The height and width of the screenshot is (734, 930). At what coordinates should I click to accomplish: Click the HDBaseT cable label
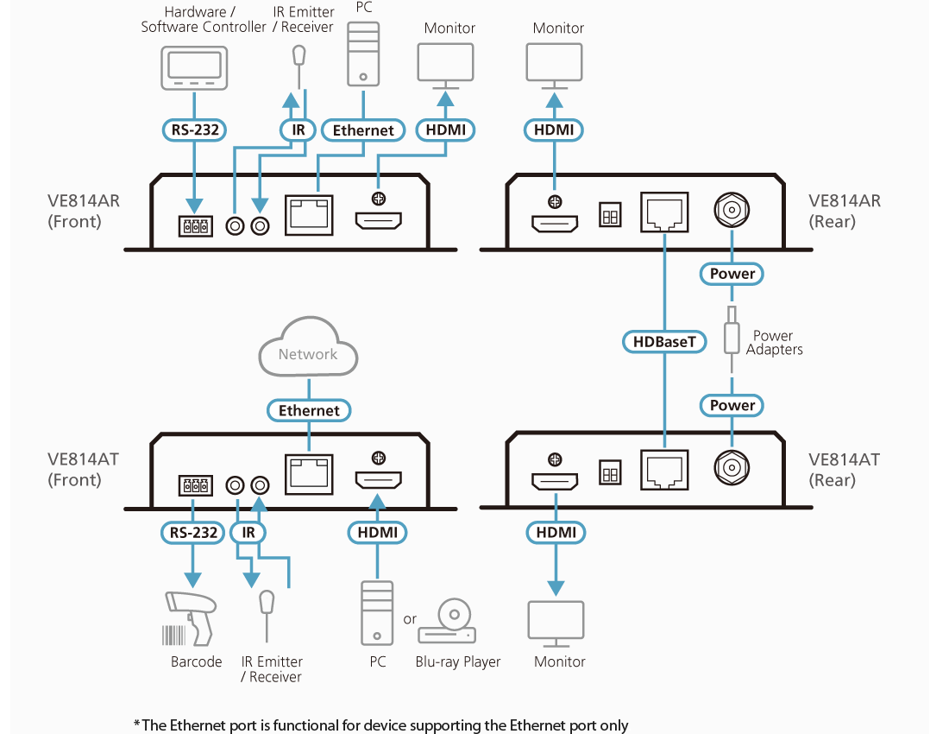tap(664, 342)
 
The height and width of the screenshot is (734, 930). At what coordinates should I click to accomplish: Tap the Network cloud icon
tap(308, 353)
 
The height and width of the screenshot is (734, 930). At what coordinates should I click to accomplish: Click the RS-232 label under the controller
tap(195, 130)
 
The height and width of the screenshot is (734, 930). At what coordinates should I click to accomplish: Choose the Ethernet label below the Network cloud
tap(309, 410)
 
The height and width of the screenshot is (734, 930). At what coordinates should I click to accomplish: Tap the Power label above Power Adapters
tap(732, 274)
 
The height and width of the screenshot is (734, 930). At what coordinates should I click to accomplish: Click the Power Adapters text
tap(774, 342)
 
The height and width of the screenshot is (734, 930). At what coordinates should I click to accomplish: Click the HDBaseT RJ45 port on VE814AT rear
tap(665, 471)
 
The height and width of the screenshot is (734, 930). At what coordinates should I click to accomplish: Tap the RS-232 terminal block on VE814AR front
tap(196, 227)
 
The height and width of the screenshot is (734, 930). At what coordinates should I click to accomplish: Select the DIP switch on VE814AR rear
tap(610, 215)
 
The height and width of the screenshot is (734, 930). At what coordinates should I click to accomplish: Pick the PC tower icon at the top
tap(362, 54)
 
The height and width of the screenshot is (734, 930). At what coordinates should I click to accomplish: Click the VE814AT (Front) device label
tap(83, 470)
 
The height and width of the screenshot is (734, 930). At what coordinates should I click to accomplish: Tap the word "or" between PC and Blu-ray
tap(410, 619)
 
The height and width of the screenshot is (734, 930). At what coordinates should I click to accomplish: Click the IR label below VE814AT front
tap(248, 532)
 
